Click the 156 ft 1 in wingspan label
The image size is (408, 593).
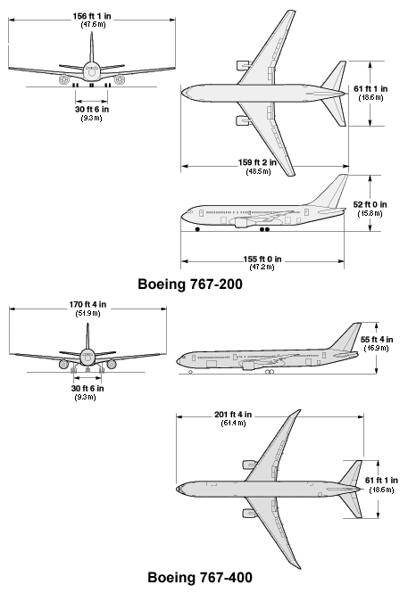[x=92, y=16]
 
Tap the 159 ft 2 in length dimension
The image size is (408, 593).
[x=257, y=162]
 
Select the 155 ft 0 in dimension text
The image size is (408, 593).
[x=262, y=259]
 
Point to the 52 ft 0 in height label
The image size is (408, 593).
[x=371, y=204]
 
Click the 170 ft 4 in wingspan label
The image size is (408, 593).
[x=87, y=304]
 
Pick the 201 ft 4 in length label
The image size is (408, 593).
[x=233, y=415]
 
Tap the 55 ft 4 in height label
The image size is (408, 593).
[x=377, y=340]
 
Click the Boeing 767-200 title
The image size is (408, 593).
[x=190, y=284]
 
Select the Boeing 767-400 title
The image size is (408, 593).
[x=200, y=578]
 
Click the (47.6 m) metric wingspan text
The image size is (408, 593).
[x=93, y=25]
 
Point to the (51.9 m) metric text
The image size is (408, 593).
[x=88, y=314]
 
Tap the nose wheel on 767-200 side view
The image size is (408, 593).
[x=197, y=229]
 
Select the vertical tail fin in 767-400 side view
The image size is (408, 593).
[x=346, y=337]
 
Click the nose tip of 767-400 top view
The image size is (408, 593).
[x=177, y=489]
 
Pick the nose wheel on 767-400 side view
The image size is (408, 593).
[x=190, y=372]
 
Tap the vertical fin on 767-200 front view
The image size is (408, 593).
[x=92, y=47]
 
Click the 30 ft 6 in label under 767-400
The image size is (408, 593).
[x=87, y=389]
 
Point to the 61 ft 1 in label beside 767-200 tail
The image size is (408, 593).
[x=371, y=89]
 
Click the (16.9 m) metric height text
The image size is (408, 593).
[x=376, y=349]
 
